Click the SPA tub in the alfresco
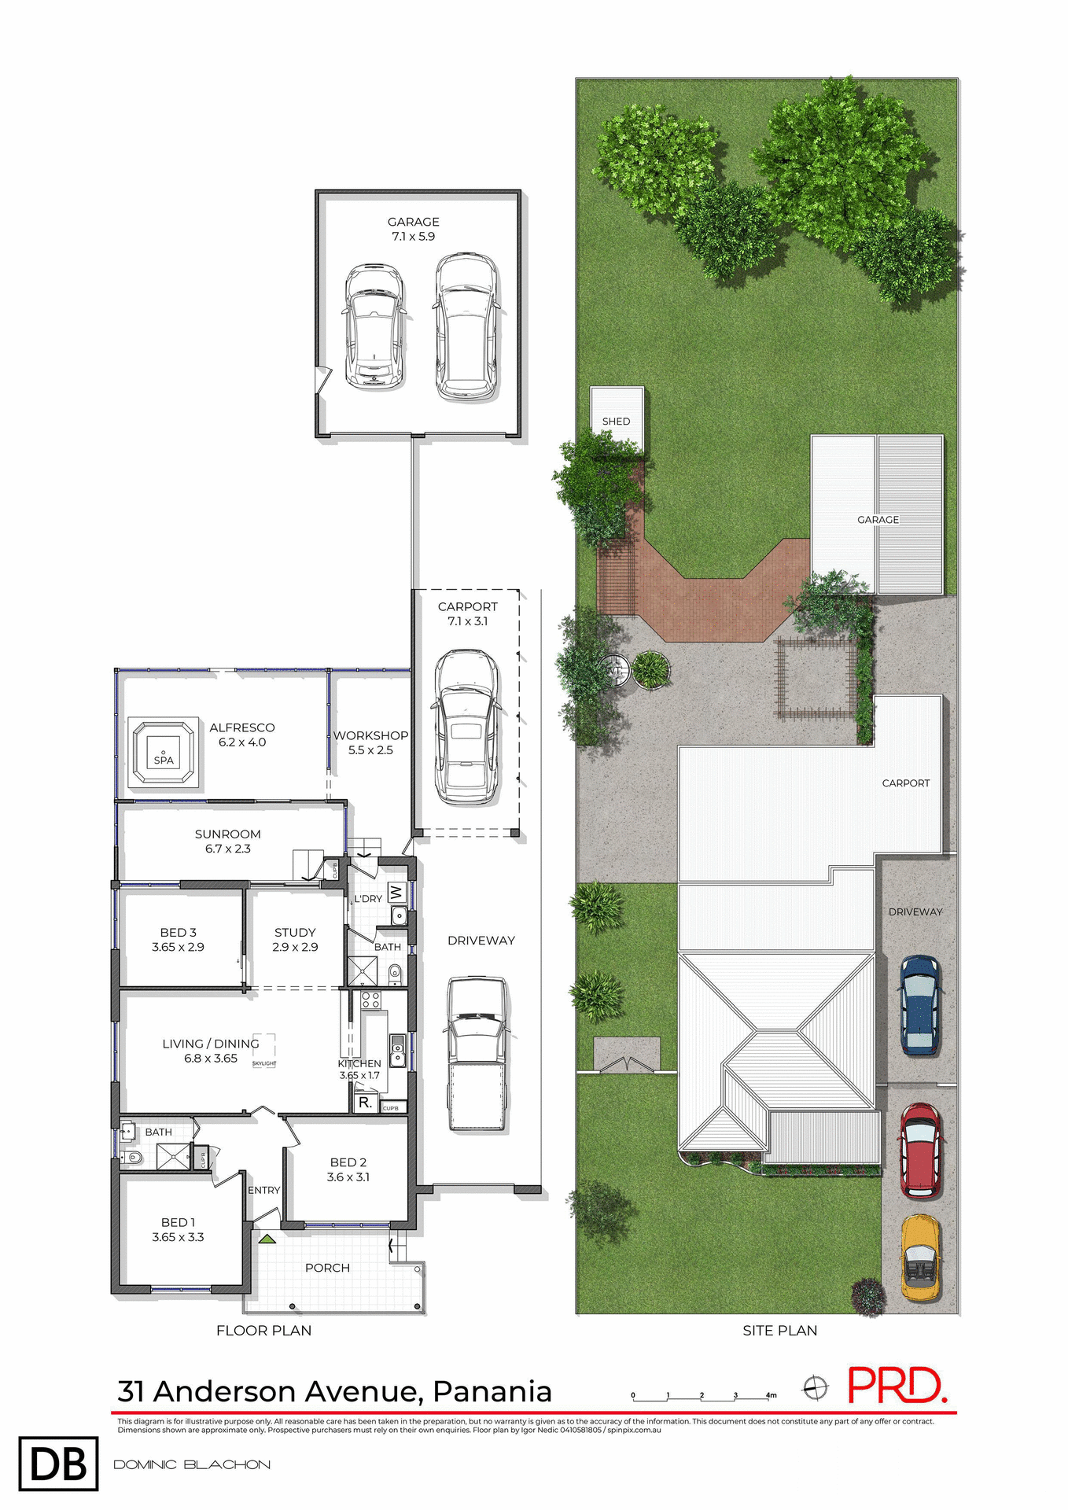click(163, 752)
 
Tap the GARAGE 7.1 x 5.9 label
click(413, 229)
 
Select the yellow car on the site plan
click(919, 1257)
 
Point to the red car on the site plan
click(920, 1151)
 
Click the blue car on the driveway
click(919, 1004)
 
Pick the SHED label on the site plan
click(616, 422)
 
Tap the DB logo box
click(58, 1464)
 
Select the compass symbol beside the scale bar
click(816, 1388)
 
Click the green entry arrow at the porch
click(267, 1239)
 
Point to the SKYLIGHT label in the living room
click(264, 1063)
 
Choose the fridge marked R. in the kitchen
click(365, 1103)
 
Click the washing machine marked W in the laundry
click(396, 893)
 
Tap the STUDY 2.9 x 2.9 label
click(295, 939)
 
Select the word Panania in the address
click(492, 1391)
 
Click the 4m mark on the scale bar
click(771, 1395)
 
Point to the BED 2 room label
click(348, 1169)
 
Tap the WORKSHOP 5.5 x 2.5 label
click(370, 742)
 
